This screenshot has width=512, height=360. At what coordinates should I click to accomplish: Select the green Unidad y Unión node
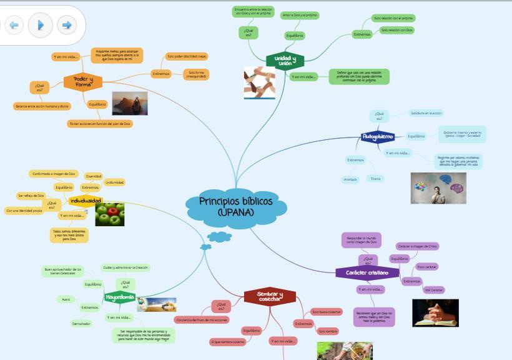click(x=285, y=60)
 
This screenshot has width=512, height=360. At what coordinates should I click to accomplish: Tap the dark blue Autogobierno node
click(x=378, y=136)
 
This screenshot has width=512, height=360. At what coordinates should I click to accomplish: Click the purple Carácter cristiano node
click(x=367, y=272)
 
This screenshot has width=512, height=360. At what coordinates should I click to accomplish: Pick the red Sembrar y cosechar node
click(x=270, y=296)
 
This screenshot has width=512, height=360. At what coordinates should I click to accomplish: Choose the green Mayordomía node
click(x=120, y=297)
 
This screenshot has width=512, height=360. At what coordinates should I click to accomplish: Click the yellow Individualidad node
click(x=86, y=201)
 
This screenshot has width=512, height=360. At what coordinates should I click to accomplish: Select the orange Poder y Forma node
click(x=83, y=82)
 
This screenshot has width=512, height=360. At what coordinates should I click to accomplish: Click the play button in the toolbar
click(x=41, y=26)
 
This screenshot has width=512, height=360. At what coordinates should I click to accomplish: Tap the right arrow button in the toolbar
click(x=67, y=26)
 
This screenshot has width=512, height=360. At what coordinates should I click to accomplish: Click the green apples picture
click(x=109, y=214)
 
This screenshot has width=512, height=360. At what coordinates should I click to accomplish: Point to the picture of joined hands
click(x=259, y=82)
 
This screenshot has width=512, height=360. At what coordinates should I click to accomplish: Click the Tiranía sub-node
click(x=375, y=179)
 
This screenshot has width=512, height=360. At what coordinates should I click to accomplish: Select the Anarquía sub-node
click(x=351, y=179)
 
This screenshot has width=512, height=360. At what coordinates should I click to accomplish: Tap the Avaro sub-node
click(x=66, y=299)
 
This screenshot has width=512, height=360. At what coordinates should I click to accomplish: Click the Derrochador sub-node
click(x=81, y=323)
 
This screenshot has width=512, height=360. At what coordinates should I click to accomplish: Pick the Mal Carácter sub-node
click(x=433, y=290)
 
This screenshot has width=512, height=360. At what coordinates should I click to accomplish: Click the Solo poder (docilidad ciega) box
click(x=187, y=56)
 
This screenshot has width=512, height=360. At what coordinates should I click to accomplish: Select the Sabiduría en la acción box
click(x=426, y=113)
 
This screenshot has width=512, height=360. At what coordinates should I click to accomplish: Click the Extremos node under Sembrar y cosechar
click(x=303, y=324)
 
